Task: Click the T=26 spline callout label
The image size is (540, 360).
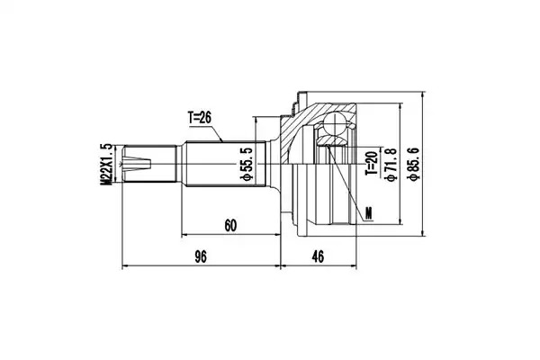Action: tap(200, 118)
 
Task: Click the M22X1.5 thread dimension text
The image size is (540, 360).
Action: tap(106, 164)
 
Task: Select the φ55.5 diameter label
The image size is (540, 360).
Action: tap(247, 163)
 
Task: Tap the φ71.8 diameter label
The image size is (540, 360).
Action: tap(391, 164)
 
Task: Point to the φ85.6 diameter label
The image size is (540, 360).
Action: tap(412, 163)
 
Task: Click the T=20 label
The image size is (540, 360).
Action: tap(372, 163)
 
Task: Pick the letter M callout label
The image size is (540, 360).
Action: tap(369, 213)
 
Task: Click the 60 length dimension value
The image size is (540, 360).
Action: tap(230, 226)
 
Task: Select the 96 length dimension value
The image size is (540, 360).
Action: tap(201, 256)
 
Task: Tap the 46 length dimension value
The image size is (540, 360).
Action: tap(318, 256)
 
